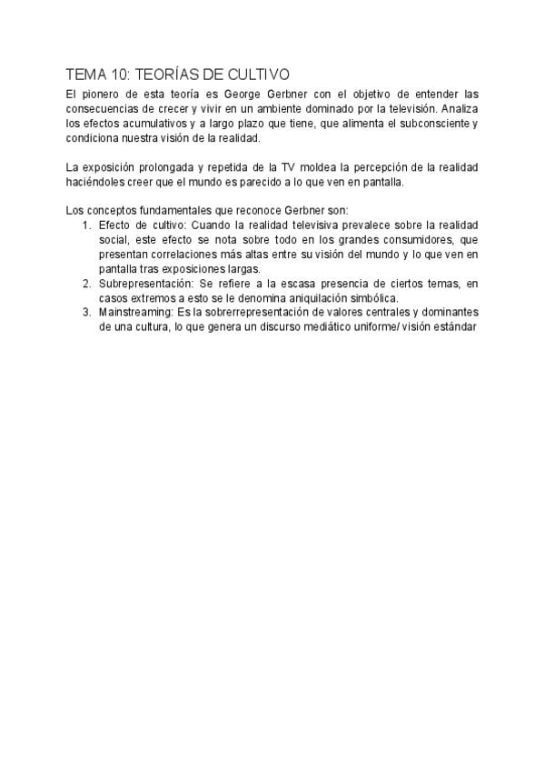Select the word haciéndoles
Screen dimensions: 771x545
95,181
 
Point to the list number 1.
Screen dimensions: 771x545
85,225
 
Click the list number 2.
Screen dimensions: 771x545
85,284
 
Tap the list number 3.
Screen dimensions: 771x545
85,313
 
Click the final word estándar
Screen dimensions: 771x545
455,327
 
